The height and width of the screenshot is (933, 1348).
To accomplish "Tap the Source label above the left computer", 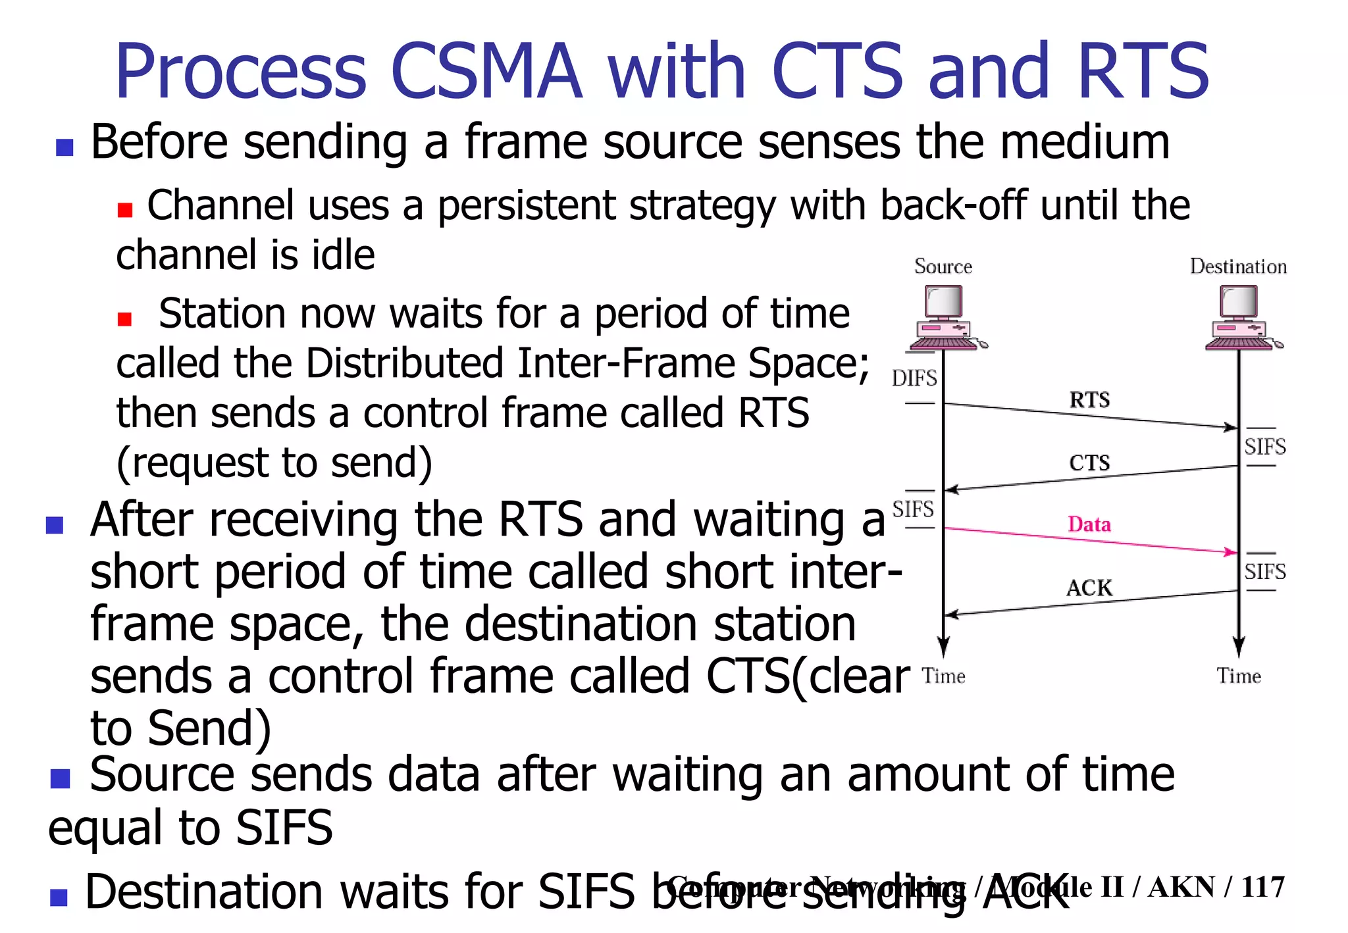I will (943, 266).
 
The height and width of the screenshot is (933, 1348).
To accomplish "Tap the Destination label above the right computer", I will (1237, 266).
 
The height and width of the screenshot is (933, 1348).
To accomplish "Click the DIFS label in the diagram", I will (914, 378).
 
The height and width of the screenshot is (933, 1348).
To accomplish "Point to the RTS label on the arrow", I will (1089, 399).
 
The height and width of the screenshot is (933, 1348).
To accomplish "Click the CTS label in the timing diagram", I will (1089, 463).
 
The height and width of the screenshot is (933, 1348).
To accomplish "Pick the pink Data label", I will (1089, 524).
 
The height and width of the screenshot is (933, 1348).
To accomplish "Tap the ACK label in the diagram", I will (1089, 588).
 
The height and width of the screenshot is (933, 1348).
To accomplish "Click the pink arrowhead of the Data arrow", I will (1230, 552).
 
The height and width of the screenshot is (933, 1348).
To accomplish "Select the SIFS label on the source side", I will (913, 509).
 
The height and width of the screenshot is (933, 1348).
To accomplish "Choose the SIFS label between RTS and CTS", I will (1264, 447).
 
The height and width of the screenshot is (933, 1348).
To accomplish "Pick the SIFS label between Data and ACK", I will (1264, 571).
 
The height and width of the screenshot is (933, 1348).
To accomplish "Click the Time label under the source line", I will (943, 676).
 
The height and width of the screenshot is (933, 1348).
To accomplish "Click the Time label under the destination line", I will (1238, 676).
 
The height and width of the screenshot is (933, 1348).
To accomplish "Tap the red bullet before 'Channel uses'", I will (125, 210).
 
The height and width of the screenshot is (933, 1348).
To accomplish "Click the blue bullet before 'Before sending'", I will (65, 147).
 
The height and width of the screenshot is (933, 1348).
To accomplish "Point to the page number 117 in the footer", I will (1262, 887).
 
